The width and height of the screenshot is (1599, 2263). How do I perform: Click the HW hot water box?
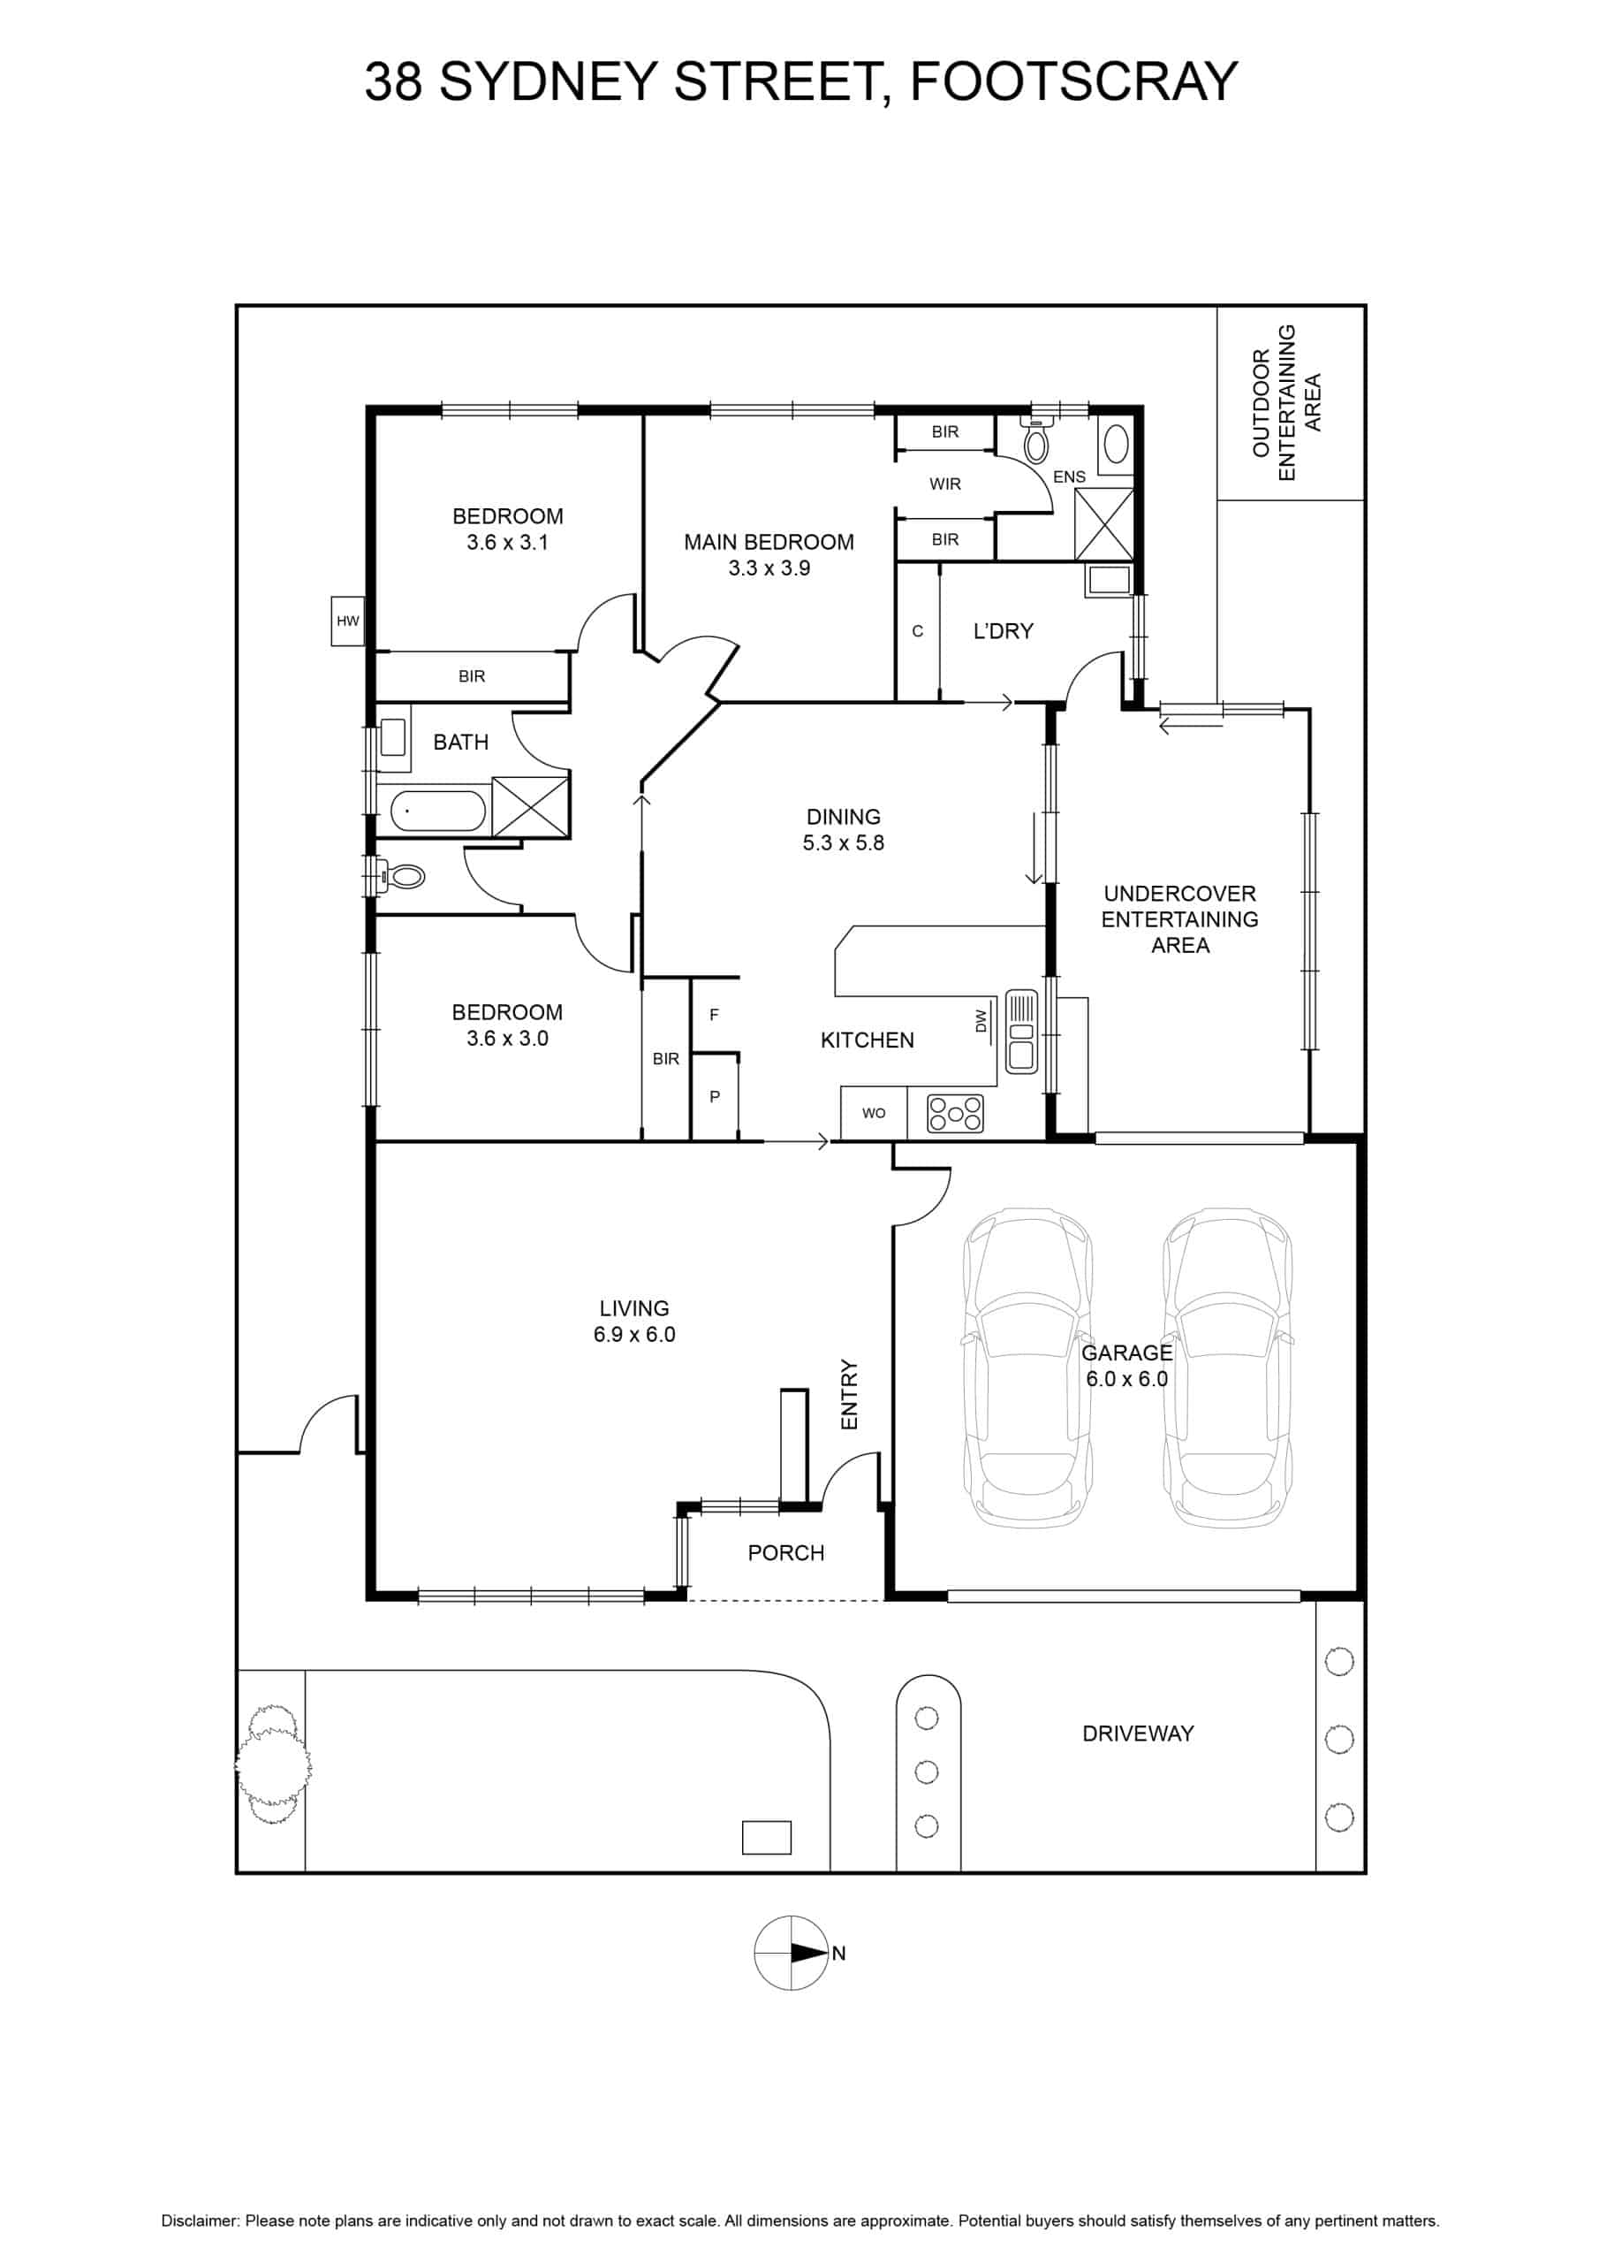348,621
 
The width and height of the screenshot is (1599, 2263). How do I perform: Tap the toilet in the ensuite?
1035,439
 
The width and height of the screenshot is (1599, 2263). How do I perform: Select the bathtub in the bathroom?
438,812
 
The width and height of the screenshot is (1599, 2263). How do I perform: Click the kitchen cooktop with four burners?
956,1113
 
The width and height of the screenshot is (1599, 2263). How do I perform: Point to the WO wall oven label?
874,1113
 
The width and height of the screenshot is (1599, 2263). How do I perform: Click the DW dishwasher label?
981,1020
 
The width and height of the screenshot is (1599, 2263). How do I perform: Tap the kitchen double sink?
1020,1031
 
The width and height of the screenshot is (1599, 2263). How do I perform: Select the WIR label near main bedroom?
944,484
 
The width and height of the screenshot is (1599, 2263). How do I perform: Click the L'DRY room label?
1003,631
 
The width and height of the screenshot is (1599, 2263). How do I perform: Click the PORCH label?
786,1552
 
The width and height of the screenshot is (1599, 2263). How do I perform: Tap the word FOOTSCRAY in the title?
1072,80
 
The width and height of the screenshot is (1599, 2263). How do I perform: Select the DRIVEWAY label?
1138,1733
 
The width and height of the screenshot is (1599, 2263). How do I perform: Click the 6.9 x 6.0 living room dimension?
634,1334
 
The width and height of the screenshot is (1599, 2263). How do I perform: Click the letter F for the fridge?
715,1014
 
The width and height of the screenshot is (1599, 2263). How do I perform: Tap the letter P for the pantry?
716,1096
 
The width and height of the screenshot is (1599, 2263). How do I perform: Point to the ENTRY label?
849,1395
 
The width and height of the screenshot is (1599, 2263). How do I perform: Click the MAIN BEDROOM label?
769,542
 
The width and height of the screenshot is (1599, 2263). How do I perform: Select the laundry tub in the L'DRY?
1110,581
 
